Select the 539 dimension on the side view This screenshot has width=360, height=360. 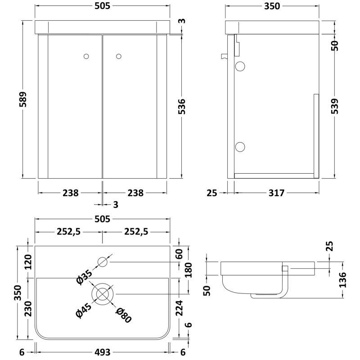click(334, 107)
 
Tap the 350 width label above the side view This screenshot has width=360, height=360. click(272, 6)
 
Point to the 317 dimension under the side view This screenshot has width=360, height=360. click(276, 193)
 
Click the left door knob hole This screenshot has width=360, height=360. click(87, 56)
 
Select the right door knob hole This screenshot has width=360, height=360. click(119, 56)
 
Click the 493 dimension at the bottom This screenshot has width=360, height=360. click(102, 351)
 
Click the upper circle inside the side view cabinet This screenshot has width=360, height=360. click(240, 67)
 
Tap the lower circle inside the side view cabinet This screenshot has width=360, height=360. click(240, 146)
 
